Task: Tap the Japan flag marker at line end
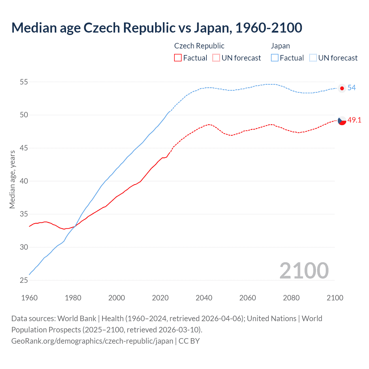pos(342,88)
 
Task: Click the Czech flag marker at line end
pos(342,121)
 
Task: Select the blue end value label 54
pos(351,88)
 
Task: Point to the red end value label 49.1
pos(354,120)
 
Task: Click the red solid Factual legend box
pos(178,58)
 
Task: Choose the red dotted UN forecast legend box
pos(216,58)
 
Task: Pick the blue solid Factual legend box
pos(275,58)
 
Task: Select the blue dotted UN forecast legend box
pos(313,58)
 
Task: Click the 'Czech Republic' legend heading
pos(199,46)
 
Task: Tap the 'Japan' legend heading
pos(280,46)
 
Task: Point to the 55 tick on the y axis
pos(24,82)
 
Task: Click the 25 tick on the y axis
pos(24,280)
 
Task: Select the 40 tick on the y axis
pos(24,181)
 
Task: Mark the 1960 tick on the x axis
pos(29,298)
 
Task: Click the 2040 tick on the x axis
pos(204,298)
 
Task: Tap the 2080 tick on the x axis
pos(291,298)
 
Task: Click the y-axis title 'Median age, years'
pos(12,179)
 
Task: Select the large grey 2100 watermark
pos(304,270)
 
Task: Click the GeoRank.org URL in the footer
pos(92,341)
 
